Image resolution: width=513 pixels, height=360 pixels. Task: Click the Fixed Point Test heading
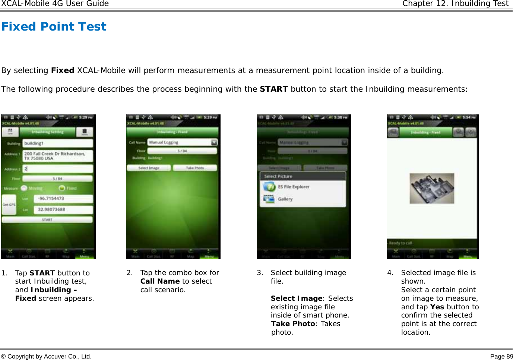coord(54,27)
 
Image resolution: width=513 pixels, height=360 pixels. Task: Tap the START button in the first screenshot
coord(47,220)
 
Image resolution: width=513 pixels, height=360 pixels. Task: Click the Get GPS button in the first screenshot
coord(9,205)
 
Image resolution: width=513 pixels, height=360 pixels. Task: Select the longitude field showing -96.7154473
coord(63,199)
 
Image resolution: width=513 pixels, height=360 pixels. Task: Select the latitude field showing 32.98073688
coord(63,209)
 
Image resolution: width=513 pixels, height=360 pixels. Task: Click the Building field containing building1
coord(58,143)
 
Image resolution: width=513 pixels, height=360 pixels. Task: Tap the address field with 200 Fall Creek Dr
coord(58,156)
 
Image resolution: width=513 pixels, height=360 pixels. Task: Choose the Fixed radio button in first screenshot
coord(62,188)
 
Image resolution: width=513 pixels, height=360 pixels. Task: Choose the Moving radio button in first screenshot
coord(24,188)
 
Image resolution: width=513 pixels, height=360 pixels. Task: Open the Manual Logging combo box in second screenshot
coord(182,142)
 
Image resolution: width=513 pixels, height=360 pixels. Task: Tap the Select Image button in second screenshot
coord(149,168)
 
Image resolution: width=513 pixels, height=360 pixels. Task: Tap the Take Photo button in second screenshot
coord(195,168)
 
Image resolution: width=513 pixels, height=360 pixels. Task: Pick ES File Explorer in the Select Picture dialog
coord(294,187)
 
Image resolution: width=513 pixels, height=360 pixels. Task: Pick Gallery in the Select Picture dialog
coord(285,199)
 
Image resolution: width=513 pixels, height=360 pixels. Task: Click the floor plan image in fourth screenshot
coord(432,188)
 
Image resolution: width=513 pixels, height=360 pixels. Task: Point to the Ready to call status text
coord(400,243)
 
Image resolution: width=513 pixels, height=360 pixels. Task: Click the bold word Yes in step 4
coord(437,307)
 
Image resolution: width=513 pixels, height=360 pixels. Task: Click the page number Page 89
coord(501,356)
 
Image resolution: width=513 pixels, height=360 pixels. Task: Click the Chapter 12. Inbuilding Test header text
coord(455,4)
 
